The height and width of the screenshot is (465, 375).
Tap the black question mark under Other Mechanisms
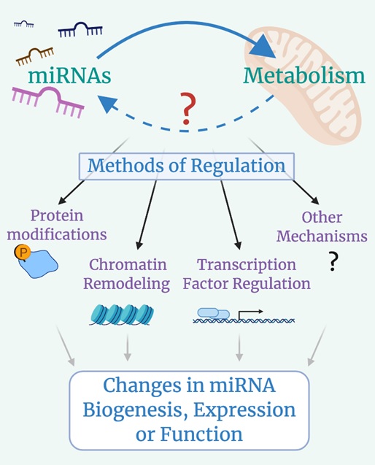tap(333, 261)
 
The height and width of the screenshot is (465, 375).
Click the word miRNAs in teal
tap(69, 76)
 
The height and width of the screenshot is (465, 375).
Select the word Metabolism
tap(304, 76)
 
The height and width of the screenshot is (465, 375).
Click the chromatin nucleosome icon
tap(122, 315)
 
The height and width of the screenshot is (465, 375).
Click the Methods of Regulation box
tap(187, 166)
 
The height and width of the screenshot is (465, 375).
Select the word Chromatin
tap(128, 264)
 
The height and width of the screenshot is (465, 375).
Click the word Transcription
tap(247, 265)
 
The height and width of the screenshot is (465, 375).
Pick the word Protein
tap(57, 215)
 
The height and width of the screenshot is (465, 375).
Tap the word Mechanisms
tap(322, 237)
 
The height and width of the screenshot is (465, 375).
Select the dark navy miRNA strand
tap(80, 29)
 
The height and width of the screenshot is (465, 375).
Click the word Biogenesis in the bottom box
tap(136, 410)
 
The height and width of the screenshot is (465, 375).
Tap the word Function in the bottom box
tap(201, 434)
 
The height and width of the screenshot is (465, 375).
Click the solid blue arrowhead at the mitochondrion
tap(263, 46)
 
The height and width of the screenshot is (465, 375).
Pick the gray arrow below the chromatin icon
tap(128, 347)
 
